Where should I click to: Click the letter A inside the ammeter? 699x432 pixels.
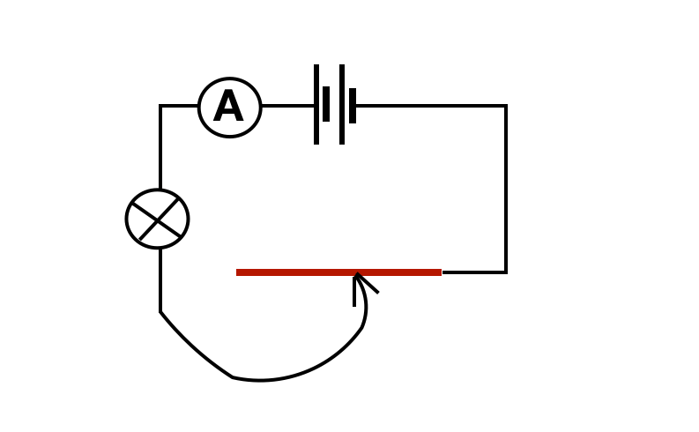point(228,108)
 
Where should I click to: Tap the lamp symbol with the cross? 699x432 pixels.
point(157,219)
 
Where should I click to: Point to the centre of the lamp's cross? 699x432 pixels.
point(157,219)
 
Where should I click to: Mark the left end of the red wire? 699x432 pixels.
point(238,272)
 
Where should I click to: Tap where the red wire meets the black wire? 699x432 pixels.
point(442,272)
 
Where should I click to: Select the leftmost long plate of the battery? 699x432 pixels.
point(316,104)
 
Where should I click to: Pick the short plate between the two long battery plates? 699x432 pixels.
point(326,104)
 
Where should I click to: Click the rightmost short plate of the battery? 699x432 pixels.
point(353,106)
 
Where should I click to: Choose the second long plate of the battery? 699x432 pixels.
point(342,104)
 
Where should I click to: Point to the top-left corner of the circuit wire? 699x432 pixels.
point(160,106)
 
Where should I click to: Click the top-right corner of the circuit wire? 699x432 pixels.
point(505,106)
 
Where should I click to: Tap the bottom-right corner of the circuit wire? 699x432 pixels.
point(505,272)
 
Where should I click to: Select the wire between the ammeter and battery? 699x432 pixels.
point(287,106)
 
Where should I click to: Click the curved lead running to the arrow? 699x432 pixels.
point(264,380)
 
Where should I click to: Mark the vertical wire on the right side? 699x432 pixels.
point(505,190)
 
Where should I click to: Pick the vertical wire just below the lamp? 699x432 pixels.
point(160,280)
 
